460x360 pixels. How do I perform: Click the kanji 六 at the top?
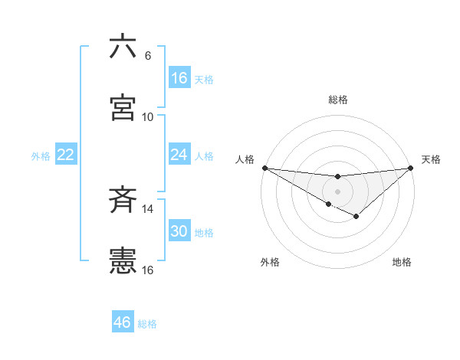pyautogui.click(x=123, y=47)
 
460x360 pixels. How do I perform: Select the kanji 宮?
pyautogui.click(x=123, y=107)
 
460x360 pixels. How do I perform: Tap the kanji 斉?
pyautogui.click(x=123, y=201)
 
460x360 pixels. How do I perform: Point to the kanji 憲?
pyautogui.click(x=123, y=260)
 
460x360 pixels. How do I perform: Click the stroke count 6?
pyautogui.click(x=147, y=56)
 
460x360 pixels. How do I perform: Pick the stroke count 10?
pyautogui.click(x=147, y=116)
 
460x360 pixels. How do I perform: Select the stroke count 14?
pyautogui.click(x=147, y=208)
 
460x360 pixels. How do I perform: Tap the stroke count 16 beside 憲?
pyautogui.click(x=147, y=270)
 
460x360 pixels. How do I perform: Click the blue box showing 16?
pyautogui.click(x=179, y=78)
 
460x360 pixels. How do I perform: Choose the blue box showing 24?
pyautogui.click(x=179, y=155)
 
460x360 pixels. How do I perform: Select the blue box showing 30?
pyautogui.click(x=179, y=231)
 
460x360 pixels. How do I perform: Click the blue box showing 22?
pyautogui.click(x=65, y=155)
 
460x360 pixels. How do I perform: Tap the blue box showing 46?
pyautogui.click(x=123, y=322)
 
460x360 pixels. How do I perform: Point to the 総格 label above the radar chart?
pyautogui.click(x=337, y=100)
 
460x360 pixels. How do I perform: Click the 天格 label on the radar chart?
pyautogui.click(x=432, y=159)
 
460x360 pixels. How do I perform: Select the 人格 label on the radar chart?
pyautogui.click(x=245, y=159)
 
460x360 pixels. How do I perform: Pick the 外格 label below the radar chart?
pyautogui.click(x=270, y=262)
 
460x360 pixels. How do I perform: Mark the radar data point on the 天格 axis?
pyautogui.click(x=411, y=168)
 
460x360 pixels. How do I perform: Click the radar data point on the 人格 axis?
pyautogui.click(x=264, y=168)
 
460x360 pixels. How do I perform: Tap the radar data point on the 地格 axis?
pyautogui.click(x=356, y=217)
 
